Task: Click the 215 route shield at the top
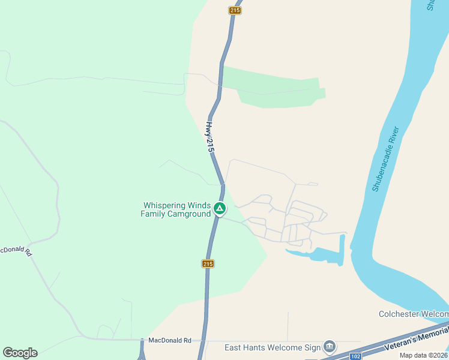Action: pos(235,10)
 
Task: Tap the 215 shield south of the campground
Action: pos(208,263)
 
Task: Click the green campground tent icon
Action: pos(220,209)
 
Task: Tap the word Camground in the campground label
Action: pos(191,214)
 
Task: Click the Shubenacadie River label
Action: pos(385,159)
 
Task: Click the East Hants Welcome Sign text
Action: pos(272,347)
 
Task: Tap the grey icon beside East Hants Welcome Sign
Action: pos(329,346)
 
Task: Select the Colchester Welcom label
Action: pos(414,314)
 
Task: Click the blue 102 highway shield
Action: pos(355,356)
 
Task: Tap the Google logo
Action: pos(20,353)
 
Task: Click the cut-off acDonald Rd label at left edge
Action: pos(16,250)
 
